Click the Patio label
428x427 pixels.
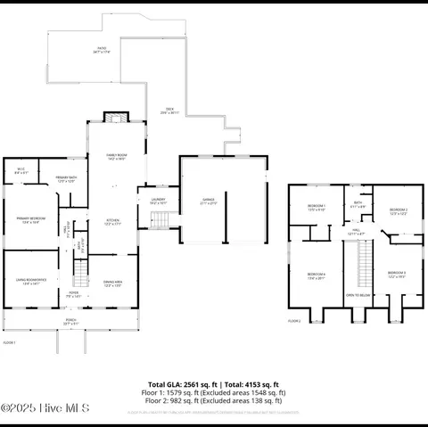point(102,52)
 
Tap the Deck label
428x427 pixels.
point(169,111)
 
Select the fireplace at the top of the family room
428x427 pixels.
point(111,117)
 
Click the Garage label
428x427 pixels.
point(210,202)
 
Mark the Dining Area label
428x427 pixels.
point(113,283)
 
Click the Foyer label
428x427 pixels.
point(73,293)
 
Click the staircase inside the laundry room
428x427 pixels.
point(158,220)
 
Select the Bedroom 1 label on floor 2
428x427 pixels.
point(317,208)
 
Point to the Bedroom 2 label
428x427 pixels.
point(398,212)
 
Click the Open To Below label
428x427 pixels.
point(358,295)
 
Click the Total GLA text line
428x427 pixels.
point(214,386)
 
